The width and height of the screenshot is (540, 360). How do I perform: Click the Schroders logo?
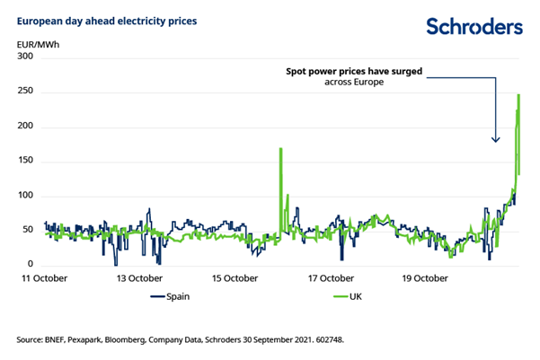point(473,27)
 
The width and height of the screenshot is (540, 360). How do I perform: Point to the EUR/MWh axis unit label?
point(36,42)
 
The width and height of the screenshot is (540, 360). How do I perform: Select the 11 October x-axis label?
point(44,279)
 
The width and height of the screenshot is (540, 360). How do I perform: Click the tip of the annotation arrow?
point(495,142)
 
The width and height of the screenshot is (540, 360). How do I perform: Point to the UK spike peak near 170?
point(281,149)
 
